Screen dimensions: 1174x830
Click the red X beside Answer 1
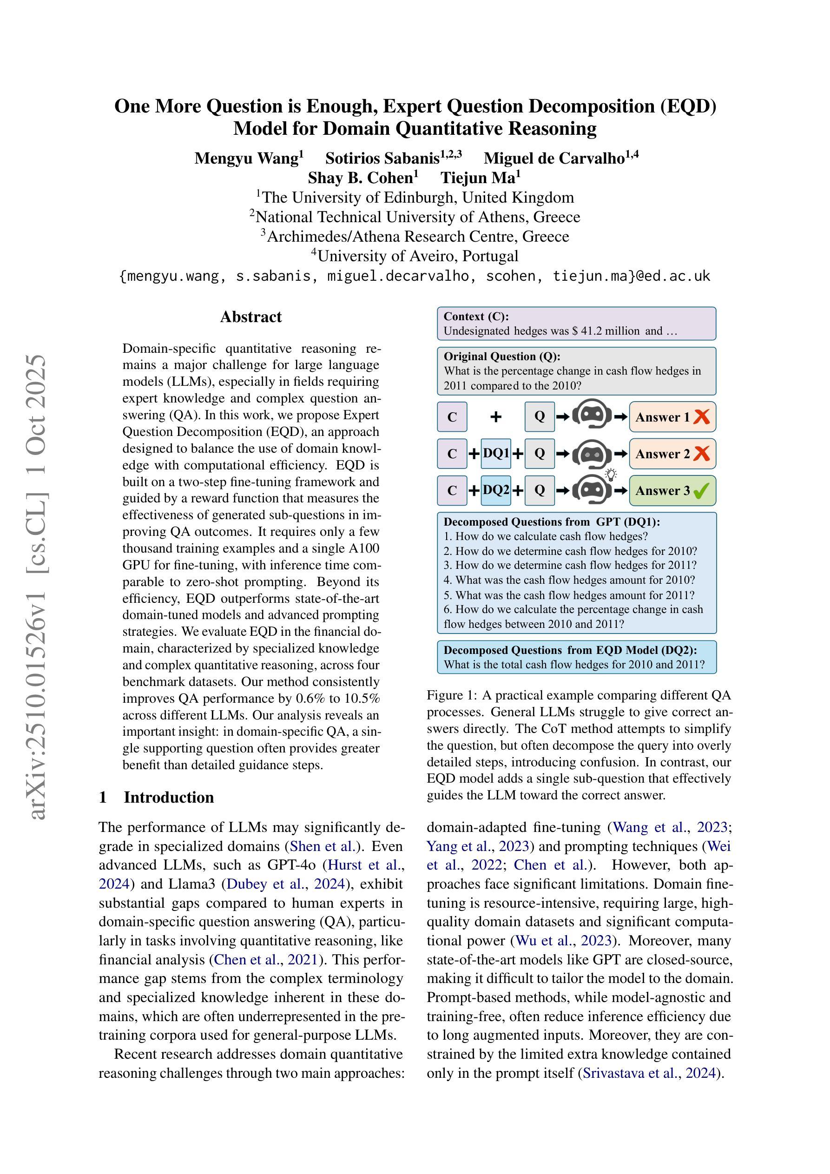[702, 417]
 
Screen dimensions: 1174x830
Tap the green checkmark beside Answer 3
[702, 491]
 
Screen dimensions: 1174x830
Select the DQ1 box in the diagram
[496, 454]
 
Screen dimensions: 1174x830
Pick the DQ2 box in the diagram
[496, 490]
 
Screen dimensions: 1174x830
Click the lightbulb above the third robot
[611, 475]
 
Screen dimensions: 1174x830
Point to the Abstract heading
[250, 317]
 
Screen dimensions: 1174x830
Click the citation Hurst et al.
[365, 864]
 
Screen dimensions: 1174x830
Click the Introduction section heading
[168, 797]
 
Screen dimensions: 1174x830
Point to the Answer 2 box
[672, 454]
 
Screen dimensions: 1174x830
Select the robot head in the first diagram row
[591, 416]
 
